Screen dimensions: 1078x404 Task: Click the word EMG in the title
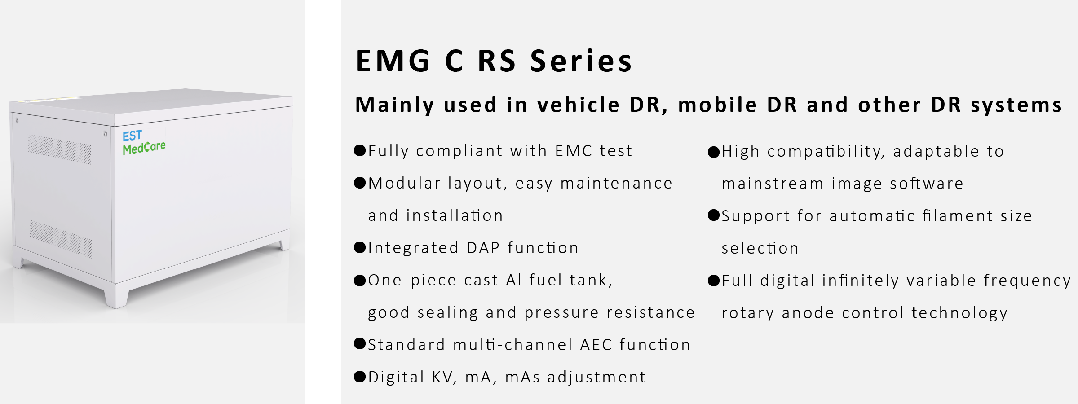[x=393, y=61]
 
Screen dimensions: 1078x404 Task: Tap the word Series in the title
[x=581, y=61]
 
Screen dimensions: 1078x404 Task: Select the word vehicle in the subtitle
[x=579, y=105]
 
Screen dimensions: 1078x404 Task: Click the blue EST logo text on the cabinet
[x=132, y=136]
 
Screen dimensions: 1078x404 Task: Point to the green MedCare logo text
[x=144, y=148]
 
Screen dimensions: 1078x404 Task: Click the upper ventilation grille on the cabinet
[x=59, y=149]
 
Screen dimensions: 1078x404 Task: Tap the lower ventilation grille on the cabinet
[x=61, y=239]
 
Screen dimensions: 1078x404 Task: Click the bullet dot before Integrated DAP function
[x=360, y=247]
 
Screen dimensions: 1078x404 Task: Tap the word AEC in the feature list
[x=596, y=345]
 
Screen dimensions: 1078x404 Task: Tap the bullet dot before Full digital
[x=714, y=281]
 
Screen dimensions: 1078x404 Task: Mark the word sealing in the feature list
[x=448, y=313]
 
